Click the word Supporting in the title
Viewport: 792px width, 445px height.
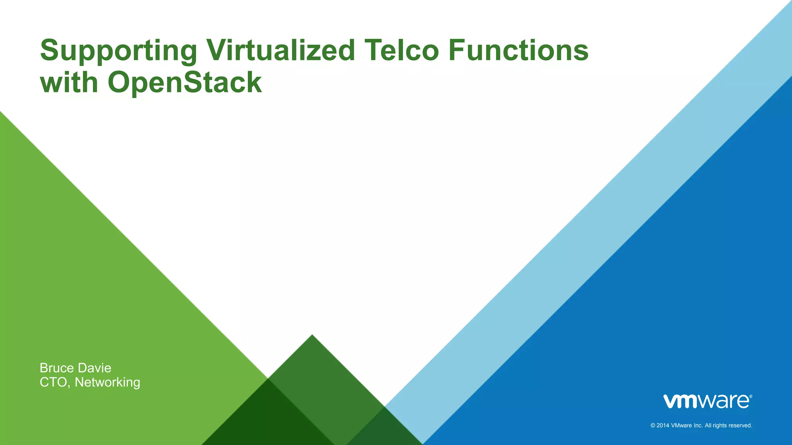pos(118,51)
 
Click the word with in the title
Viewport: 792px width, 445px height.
pos(69,82)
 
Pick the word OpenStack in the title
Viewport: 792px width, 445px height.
pos(184,82)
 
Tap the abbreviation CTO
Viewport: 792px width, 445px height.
pos(55,382)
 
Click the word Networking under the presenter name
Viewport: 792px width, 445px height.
pos(107,382)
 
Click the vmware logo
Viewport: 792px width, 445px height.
pos(707,401)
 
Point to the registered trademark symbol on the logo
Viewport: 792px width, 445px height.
pos(751,396)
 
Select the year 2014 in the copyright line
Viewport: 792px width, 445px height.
pos(663,425)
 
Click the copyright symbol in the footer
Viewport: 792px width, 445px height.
pos(653,425)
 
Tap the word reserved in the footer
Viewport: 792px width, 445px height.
pos(740,425)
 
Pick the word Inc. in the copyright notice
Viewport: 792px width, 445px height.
pos(698,425)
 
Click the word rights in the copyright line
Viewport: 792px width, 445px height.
pos(720,425)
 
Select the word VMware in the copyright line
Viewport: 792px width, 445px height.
pos(681,425)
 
